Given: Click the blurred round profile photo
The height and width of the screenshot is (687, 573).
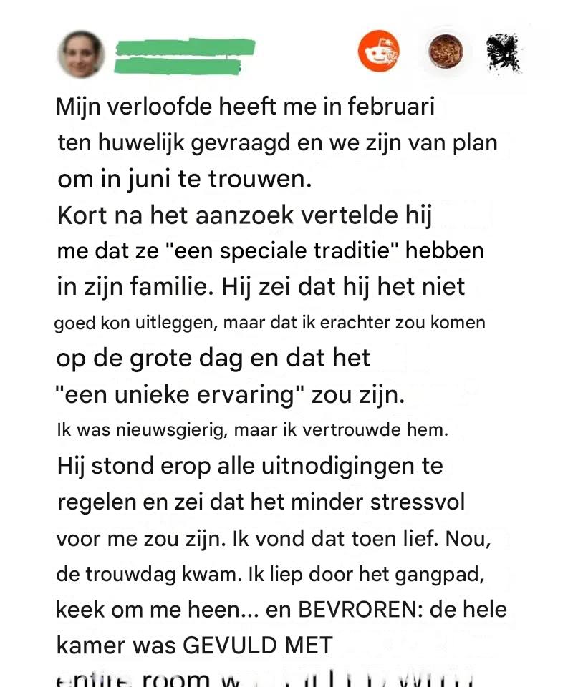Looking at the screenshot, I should coord(81,54).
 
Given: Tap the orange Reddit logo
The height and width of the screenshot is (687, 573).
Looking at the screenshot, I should coord(378,52).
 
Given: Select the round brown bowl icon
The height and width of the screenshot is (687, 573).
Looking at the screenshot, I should coord(446,52).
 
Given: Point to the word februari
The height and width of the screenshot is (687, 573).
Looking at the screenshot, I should coord(392,108).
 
